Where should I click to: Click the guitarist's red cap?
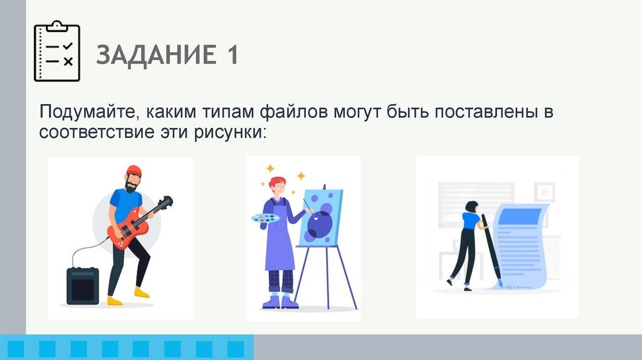[134, 171]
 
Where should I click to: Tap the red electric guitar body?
[122, 233]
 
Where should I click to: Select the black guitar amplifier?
[83, 285]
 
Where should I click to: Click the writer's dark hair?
[471, 206]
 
